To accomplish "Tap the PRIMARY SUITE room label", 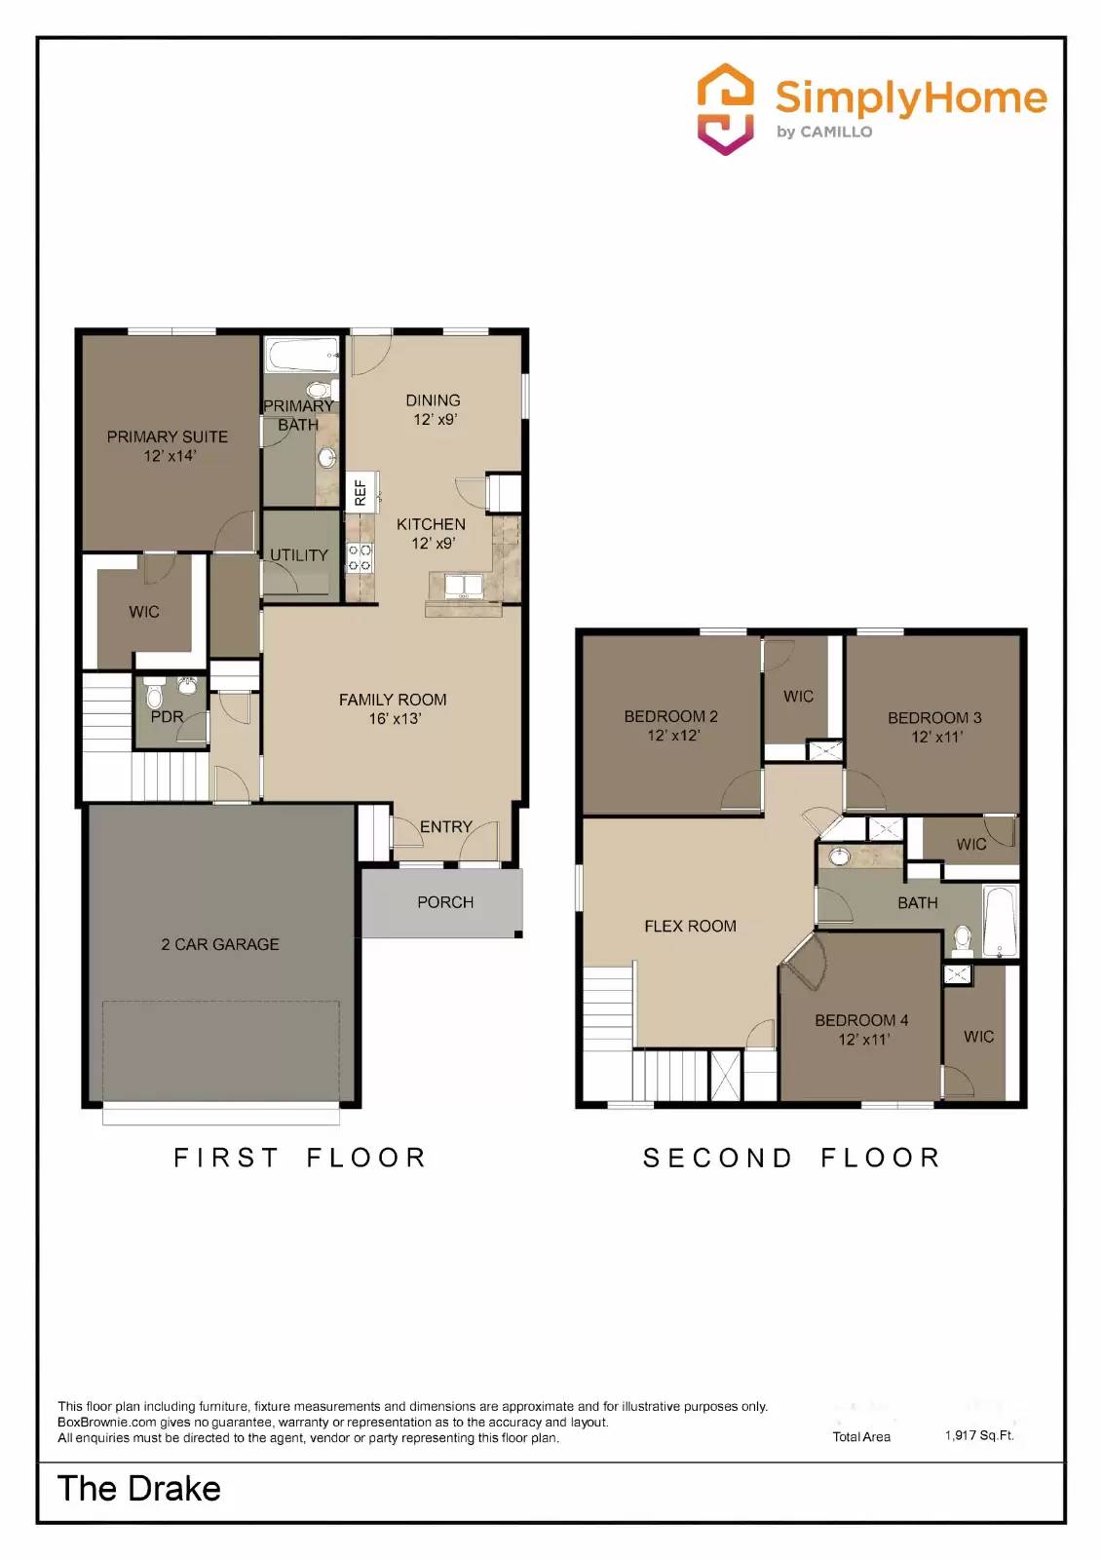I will click(168, 437).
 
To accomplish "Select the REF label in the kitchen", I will click(361, 491).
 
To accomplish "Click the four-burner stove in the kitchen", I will click(361, 557).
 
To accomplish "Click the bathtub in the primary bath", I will click(302, 356).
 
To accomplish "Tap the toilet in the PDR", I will click(154, 696).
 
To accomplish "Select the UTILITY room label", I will click(298, 555).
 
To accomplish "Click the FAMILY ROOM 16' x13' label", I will click(393, 708).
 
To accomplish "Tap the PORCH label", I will click(445, 902).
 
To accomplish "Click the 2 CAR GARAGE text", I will click(220, 944).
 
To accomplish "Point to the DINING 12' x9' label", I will click(434, 409).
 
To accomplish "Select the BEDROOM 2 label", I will click(670, 716).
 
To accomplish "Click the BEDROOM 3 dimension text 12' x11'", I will click(936, 738).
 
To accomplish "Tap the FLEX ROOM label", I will click(690, 926).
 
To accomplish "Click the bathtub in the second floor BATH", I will click(1000, 921).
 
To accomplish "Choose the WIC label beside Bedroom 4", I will click(978, 1037).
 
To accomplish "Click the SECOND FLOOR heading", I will click(792, 1158).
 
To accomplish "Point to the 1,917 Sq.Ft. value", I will click(978, 1435).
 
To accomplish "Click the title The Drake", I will click(139, 1489).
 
